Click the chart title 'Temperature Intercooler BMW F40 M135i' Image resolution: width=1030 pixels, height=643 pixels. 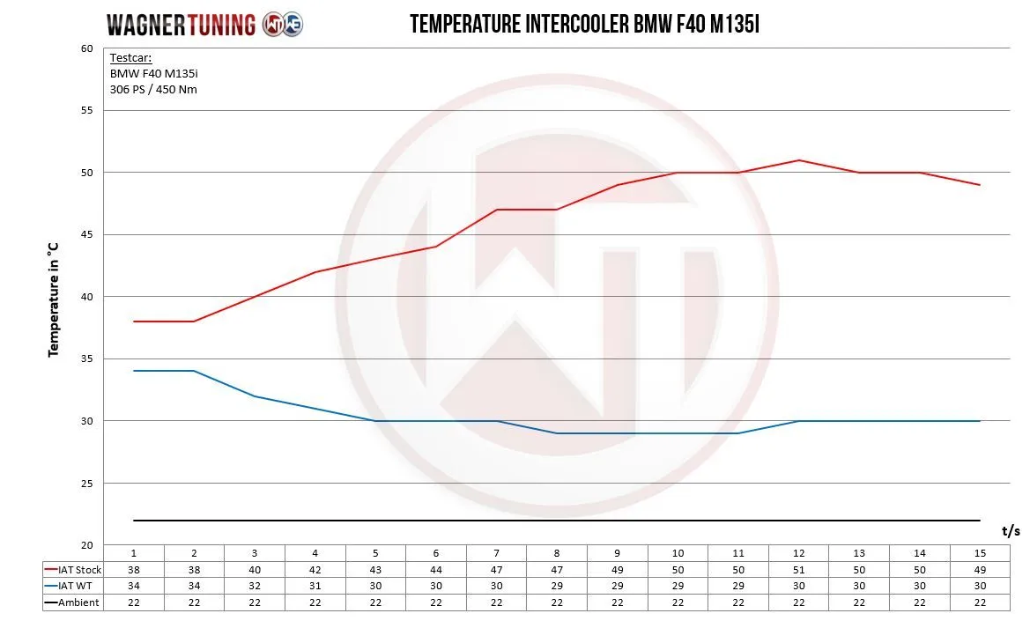click(584, 25)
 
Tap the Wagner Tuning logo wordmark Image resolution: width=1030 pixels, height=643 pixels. click(181, 25)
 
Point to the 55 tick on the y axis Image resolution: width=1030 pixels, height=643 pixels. click(86, 110)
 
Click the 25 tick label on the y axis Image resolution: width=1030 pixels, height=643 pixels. click(86, 484)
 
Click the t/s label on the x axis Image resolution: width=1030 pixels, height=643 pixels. click(1011, 531)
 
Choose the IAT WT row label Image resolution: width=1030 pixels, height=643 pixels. click(73, 586)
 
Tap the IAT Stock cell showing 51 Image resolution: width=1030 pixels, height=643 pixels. click(798, 569)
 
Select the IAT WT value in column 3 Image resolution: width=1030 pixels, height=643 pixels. click(255, 586)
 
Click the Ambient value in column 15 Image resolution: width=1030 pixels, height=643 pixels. click(980, 602)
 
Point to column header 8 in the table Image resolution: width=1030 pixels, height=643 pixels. click(557, 553)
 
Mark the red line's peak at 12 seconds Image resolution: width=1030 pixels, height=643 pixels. click(798, 160)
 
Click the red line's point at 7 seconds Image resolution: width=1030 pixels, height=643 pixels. click(497, 210)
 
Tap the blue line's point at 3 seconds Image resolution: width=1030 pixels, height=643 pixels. click(255, 396)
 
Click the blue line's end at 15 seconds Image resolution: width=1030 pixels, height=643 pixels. click(980, 421)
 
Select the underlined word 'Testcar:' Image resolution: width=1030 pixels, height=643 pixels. click(130, 59)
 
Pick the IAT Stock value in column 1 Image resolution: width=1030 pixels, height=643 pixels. click(134, 569)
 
